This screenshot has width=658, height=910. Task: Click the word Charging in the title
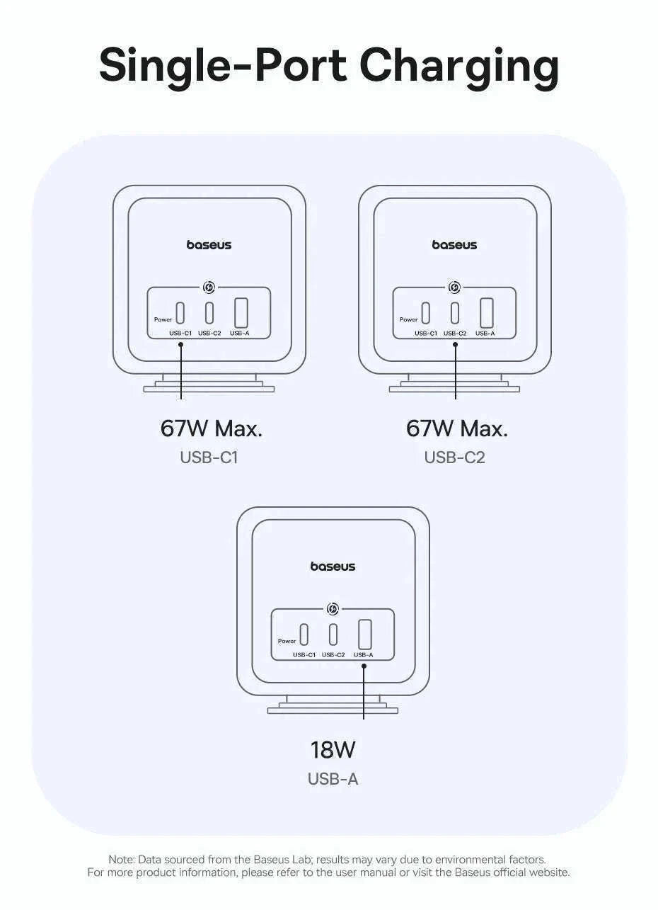(x=459, y=68)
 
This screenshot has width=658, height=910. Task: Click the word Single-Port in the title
(x=223, y=65)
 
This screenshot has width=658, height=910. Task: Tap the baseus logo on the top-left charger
(x=209, y=244)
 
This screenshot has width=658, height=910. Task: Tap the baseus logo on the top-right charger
(x=454, y=244)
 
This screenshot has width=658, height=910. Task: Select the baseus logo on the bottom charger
(x=333, y=567)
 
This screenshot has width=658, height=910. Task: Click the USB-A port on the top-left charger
(x=241, y=313)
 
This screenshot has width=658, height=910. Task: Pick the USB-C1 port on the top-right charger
(x=425, y=313)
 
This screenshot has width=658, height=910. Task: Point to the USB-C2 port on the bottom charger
(x=333, y=634)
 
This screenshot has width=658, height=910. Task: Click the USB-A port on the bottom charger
(x=365, y=634)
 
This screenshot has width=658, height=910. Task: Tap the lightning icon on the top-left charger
(x=209, y=288)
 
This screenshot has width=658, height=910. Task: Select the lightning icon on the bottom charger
(x=333, y=609)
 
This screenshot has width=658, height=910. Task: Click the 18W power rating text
(x=333, y=749)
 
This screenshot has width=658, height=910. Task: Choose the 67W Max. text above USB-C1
(x=211, y=428)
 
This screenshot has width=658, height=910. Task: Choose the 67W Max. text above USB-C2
(x=456, y=428)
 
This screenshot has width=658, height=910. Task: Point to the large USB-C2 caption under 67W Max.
(x=455, y=457)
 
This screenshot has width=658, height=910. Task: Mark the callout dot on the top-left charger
(x=180, y=344)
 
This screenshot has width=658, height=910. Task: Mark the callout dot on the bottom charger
(x=364, y=666)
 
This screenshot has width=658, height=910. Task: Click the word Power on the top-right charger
(x=408, y=319)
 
